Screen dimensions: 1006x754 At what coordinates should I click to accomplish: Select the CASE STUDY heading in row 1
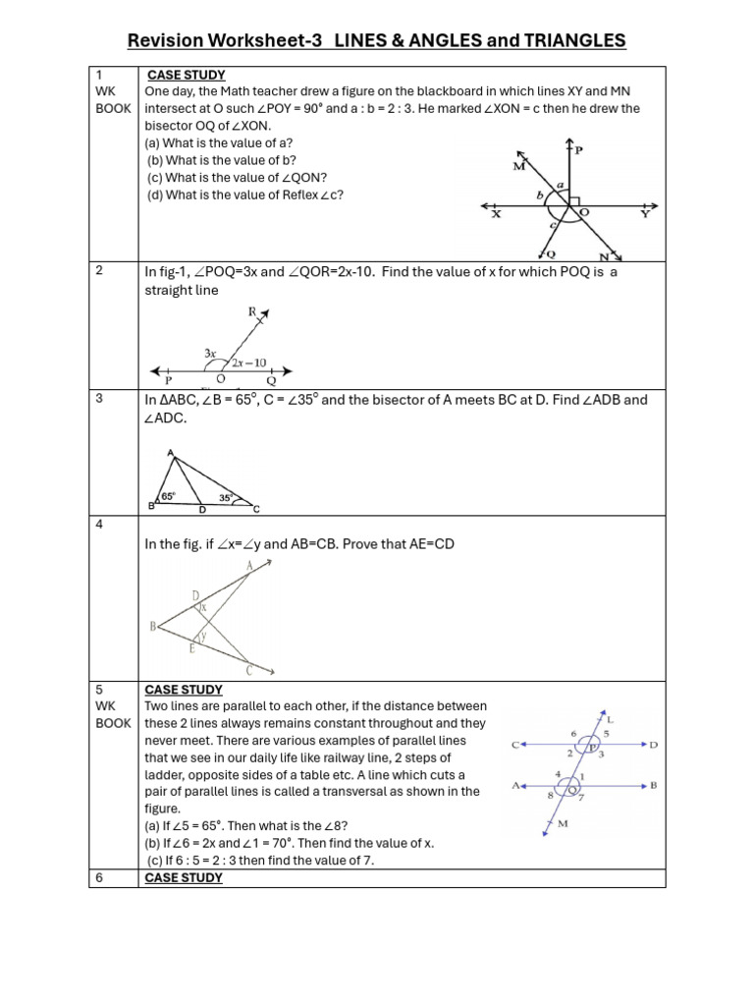(186, 75)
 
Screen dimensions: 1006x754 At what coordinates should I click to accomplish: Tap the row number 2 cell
(100, 271)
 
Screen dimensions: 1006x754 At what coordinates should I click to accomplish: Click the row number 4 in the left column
(100, 525)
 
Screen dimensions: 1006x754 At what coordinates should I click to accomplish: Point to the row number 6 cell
(100, 878)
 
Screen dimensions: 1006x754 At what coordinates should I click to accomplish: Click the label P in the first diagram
(578, 150)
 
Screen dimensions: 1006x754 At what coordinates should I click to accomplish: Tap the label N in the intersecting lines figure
(605, 257)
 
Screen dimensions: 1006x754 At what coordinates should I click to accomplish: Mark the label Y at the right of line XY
(644, 213)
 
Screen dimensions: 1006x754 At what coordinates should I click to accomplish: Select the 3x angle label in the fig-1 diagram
(210, 352)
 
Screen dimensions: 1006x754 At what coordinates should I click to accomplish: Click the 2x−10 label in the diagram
(250, 362)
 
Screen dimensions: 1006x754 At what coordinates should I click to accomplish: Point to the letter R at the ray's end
(252, 312)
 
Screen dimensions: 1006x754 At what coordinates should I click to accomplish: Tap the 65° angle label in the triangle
(169, 496)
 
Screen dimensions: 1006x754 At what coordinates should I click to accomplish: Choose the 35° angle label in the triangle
(226, 498)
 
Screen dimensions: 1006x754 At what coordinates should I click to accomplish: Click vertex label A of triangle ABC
(171, 453)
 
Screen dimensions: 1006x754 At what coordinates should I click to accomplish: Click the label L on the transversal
(610, 719)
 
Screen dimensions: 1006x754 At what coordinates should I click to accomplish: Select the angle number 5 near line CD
(607, 733)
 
